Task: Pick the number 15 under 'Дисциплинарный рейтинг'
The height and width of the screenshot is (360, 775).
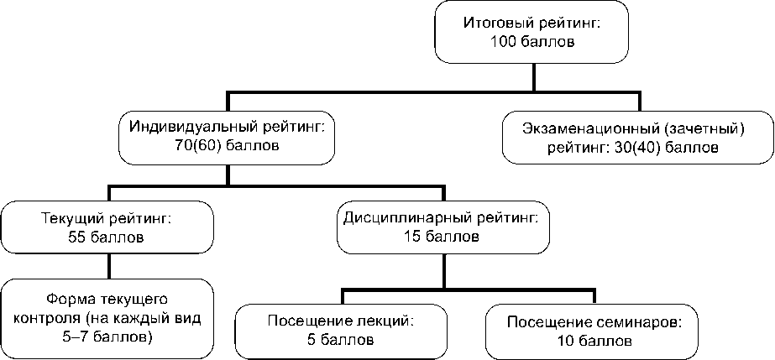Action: pos(414,237)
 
